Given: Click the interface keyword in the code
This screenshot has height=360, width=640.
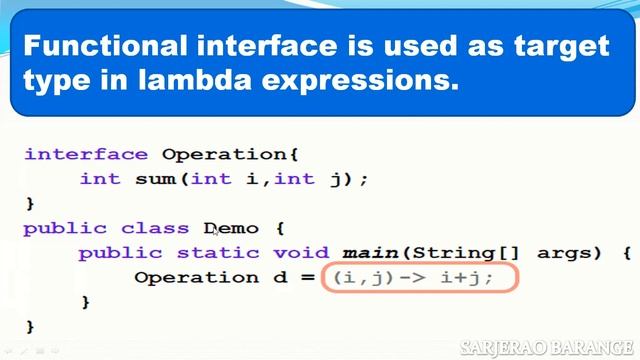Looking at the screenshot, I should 86,154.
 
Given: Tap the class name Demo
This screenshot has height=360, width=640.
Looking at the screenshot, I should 231,228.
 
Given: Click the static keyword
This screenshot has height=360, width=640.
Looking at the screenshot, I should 211,252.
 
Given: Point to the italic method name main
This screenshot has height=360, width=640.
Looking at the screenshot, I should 371,252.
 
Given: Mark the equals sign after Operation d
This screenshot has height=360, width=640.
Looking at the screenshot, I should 305,277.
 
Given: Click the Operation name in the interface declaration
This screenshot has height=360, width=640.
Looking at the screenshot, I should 230,154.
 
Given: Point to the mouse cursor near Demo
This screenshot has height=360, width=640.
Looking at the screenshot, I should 216,231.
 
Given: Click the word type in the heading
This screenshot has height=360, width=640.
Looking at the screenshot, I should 63,81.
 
